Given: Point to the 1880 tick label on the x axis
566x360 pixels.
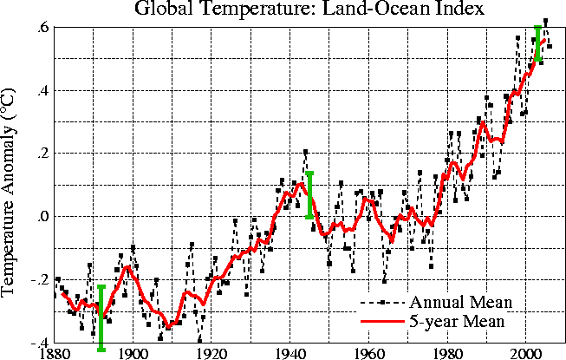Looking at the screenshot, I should (x=54, y=352).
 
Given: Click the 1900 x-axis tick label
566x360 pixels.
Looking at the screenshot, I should (x=133, y=352).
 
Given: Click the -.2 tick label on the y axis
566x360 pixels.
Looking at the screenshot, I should (x=39, y=279).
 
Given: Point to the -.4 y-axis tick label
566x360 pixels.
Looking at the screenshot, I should (x=39, y=341).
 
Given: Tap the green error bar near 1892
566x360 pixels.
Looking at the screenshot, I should (x=101, y=317).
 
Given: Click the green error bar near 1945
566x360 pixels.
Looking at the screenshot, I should (x=309, y=195).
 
